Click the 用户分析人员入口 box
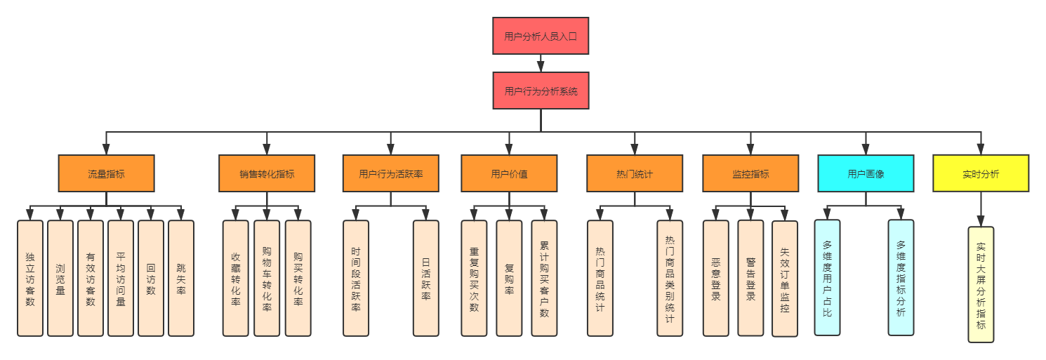click(x=541, y=36)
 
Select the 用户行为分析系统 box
click(x=541, y=91)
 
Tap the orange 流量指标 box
click(x=106, y=173)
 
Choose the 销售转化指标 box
click(x=267, y=173)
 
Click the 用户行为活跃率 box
click(x=390, y=173)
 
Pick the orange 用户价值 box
click(x=509, y=173)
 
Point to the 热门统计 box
click(x=635, y=173)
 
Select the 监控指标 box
click(x=750, y=173)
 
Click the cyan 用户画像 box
click(x=866, y=173)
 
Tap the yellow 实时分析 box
click(x=981, y=173)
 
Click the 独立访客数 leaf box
click(x=30, y=278)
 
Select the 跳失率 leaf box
click(x=181, y=278)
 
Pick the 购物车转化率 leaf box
click(x=267, y=278)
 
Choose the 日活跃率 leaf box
click(x=425, y=278)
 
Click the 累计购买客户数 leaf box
click(x=544, y=278)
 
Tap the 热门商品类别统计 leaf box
click(x=670, y=278)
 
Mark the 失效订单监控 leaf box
click(x=785, y=278)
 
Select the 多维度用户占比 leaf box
click(x=827, y=278)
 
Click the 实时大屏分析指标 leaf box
click(x=981, y=284)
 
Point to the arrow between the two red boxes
click(x=541, y=64)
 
